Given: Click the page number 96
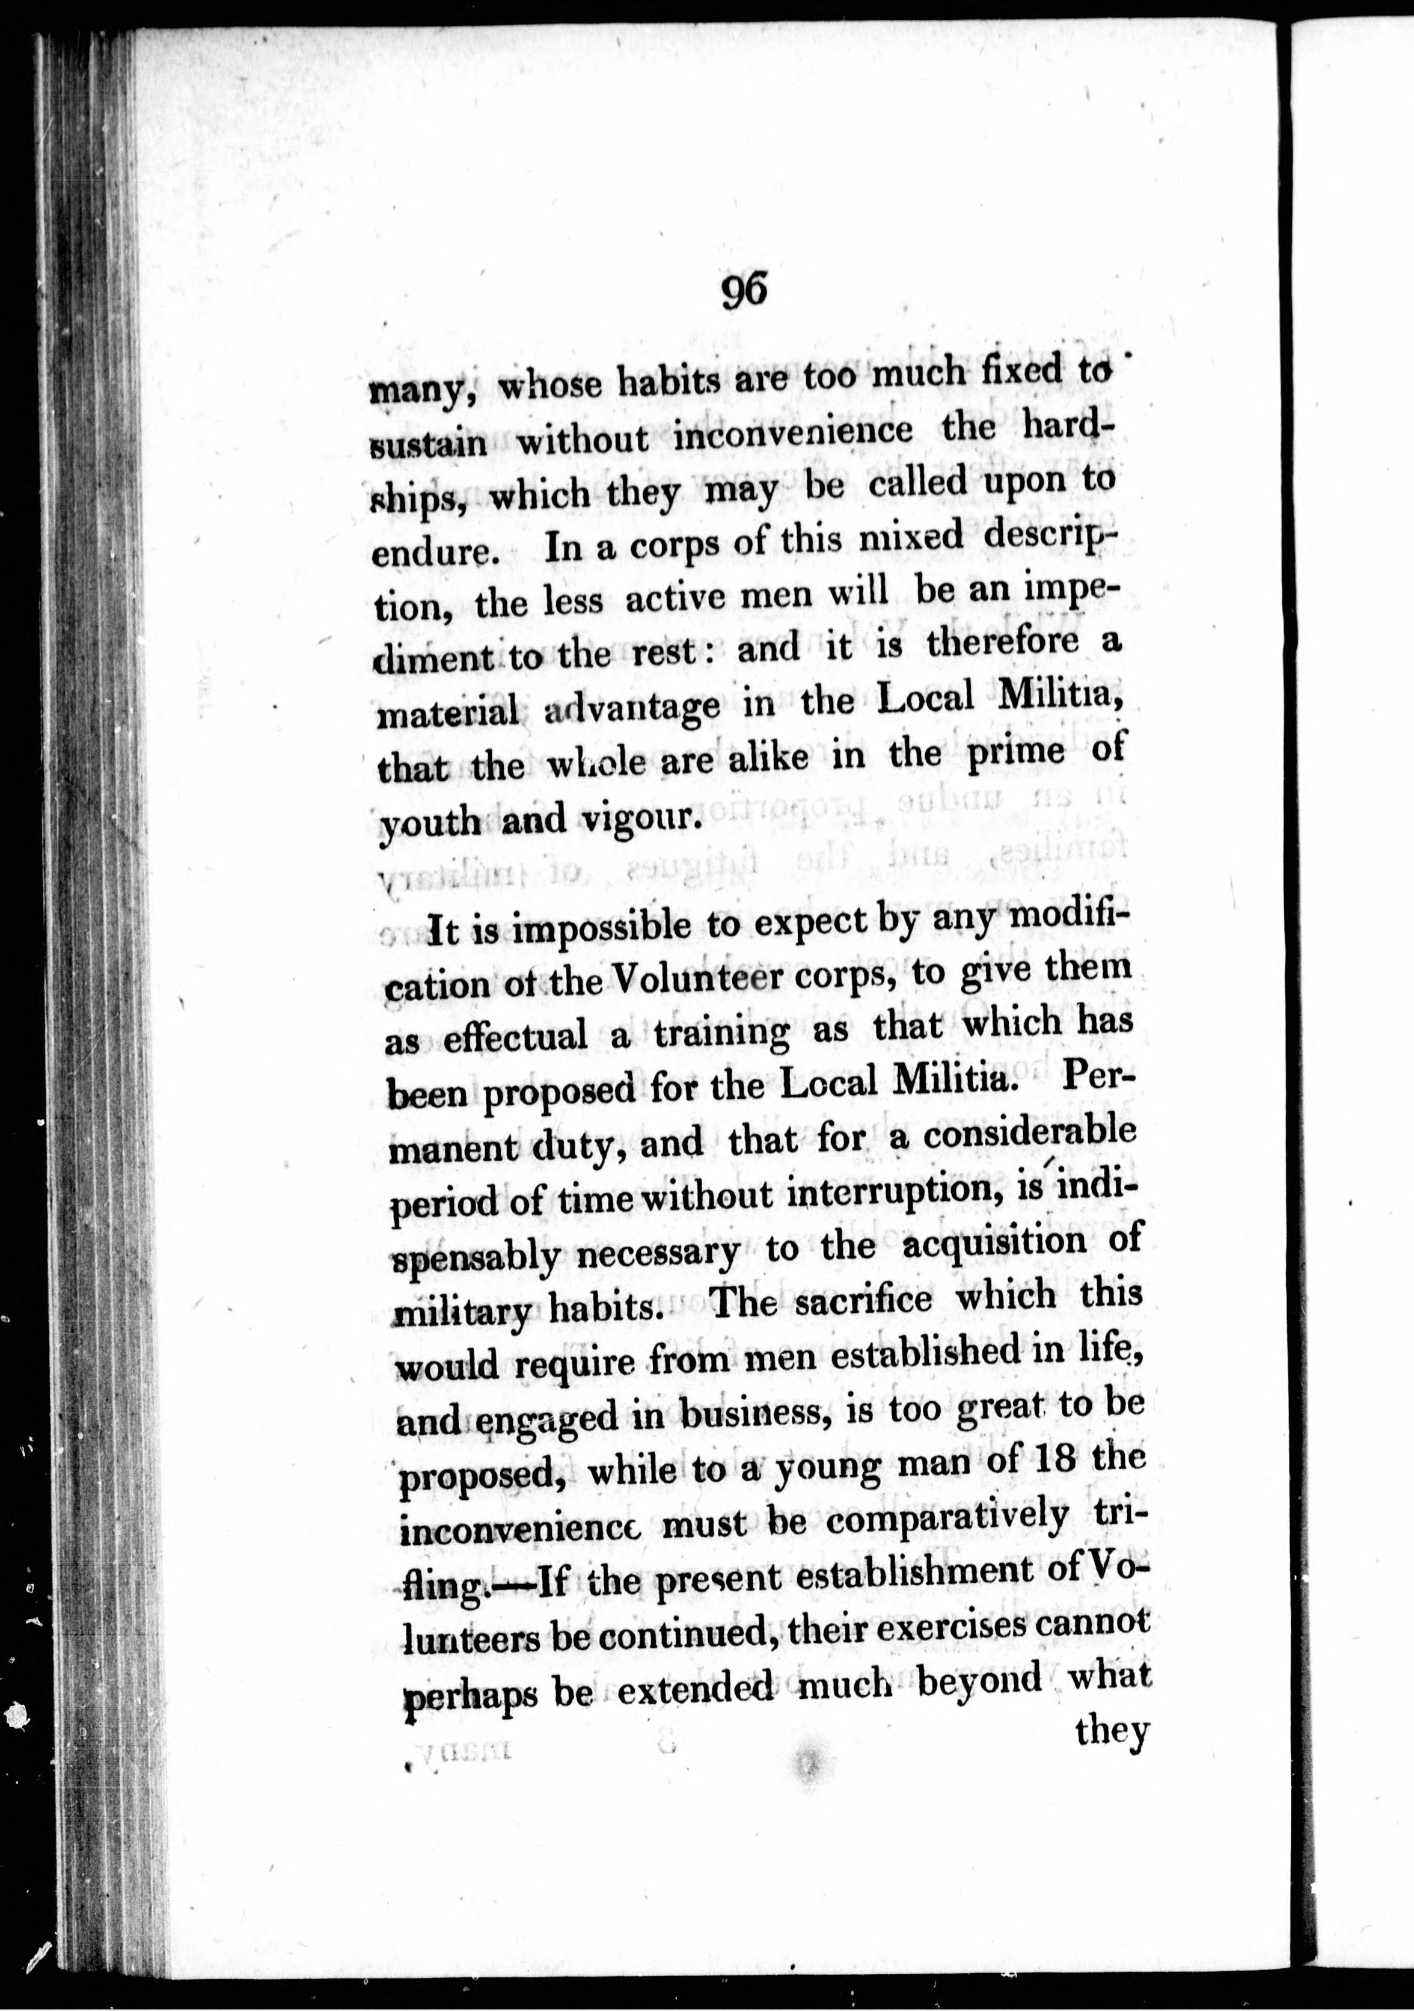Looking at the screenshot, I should [x=744, y=290].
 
